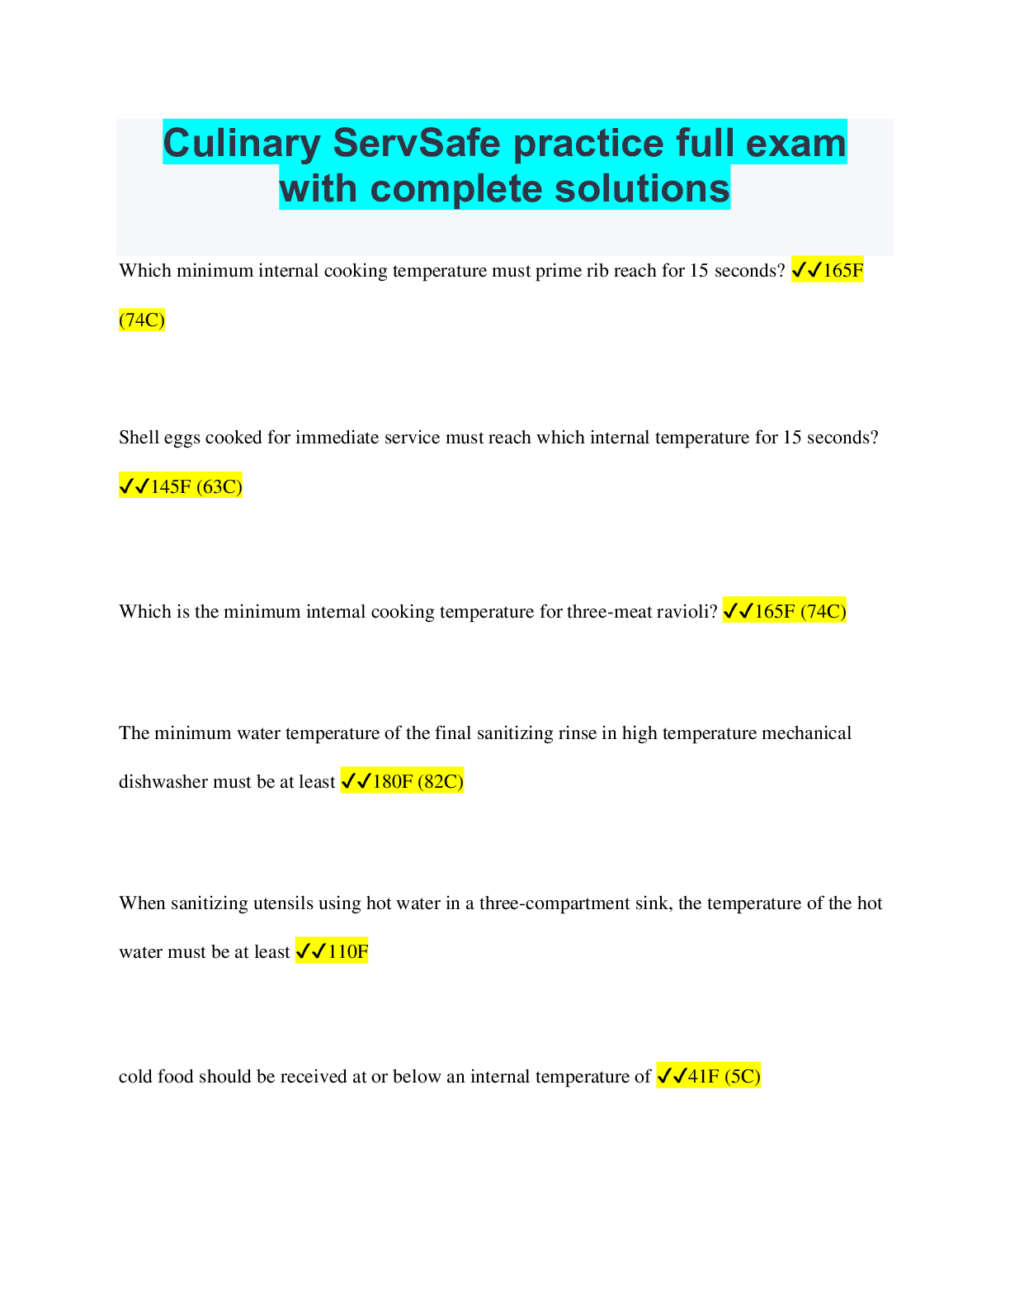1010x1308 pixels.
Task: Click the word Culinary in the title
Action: pos(242,144)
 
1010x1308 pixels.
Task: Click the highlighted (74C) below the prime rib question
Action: pos(142,320)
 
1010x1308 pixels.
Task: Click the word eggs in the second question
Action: pos(182,438)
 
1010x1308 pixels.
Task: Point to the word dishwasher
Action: pos(163,781)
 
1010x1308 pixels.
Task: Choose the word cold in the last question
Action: pos(135,1076)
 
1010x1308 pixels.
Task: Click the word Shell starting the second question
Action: pos(139,437)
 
